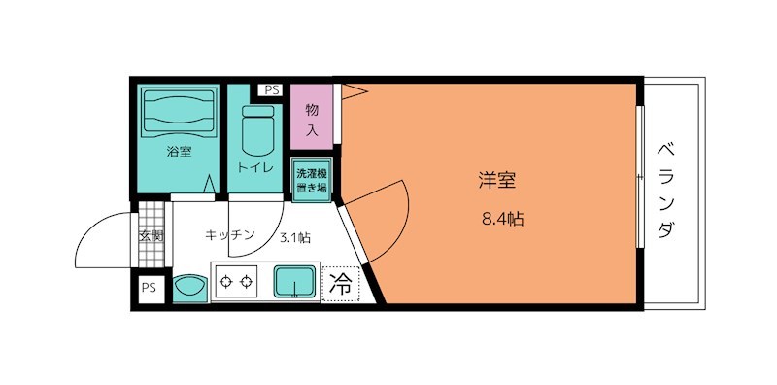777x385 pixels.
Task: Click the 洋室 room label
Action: click(495, 180)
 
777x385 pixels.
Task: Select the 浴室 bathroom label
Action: click(179, 152)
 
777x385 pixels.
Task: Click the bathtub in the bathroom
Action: click(179, 112)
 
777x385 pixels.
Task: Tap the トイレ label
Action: click(255, 168)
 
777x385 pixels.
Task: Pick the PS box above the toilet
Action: click(271, 90)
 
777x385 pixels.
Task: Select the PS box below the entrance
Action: click(149, 288)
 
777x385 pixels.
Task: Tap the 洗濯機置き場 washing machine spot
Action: click(312, 180)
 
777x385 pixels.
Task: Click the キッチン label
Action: click(229, 235)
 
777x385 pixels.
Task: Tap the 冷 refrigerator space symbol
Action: click(341, 284)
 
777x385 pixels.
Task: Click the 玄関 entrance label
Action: click(151, 235)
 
